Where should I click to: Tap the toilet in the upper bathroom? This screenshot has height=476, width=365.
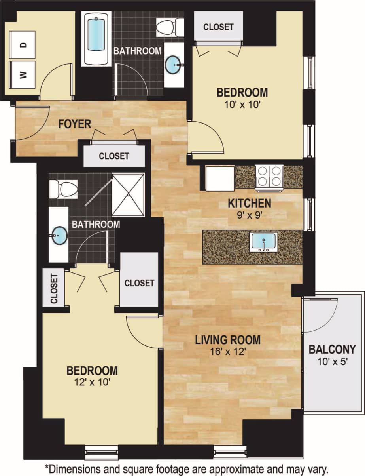169,27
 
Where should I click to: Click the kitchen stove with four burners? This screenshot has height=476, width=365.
269,176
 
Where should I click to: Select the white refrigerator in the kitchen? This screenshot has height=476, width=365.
220,178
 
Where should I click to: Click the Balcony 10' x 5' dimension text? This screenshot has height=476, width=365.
332,362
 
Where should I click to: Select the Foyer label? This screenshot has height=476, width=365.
74,124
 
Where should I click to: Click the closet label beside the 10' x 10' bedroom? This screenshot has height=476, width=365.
218,27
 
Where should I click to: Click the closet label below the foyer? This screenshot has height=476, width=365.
114,156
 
